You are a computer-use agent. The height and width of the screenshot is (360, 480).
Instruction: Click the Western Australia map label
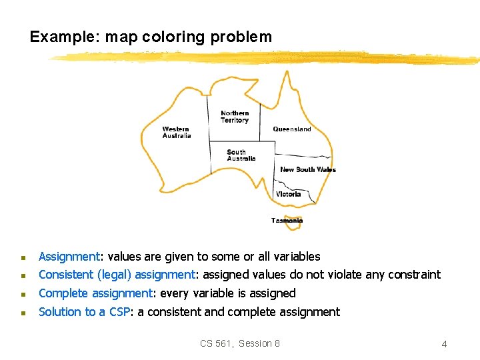pos(177,132)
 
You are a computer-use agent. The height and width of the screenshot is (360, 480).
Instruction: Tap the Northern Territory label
pos(235,117)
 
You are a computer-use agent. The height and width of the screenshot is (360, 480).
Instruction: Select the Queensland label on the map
pos(292,129)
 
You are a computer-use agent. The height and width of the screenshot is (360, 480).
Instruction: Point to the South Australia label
pos(241,155)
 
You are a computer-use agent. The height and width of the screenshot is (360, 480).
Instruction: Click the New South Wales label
pos(308,169)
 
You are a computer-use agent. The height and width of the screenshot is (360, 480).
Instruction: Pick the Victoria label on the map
pos(289,194)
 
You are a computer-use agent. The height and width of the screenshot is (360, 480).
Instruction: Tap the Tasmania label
pos(287,221)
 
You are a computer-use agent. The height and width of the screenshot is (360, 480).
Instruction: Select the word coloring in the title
pos(174,37)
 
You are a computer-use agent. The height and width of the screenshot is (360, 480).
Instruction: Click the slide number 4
pos(444,344)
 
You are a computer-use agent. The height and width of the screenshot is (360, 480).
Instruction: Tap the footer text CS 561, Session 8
pos(240,343)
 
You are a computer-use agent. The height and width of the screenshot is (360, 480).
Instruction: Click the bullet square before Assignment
pos(23,257)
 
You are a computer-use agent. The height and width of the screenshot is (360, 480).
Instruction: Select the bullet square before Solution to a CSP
pos(23,313)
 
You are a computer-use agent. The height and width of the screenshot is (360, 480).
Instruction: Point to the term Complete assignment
pos(95,293)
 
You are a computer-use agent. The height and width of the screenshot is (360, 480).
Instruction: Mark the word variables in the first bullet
pos(296,257)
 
